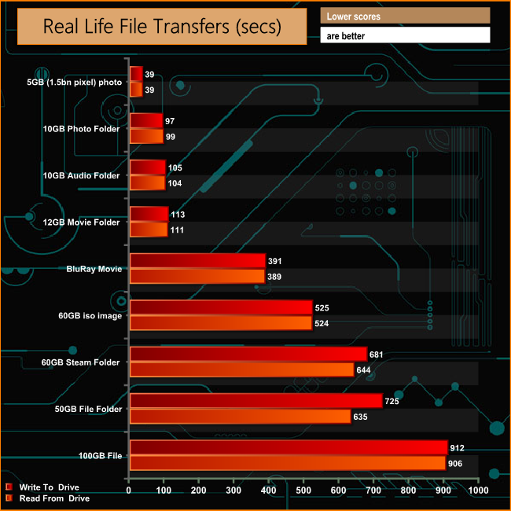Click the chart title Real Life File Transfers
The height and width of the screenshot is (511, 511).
coord(161,27)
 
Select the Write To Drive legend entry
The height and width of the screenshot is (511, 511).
coord(47,487)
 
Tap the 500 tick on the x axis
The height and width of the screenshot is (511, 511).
coord(303,491)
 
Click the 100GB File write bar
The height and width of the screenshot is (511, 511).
coord(288,448)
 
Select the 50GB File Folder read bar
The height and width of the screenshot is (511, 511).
coord(240,417)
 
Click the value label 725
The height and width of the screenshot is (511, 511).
coord(392,402)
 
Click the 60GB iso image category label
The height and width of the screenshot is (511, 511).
coord(89,316)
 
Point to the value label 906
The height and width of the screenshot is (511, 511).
coord(454,463)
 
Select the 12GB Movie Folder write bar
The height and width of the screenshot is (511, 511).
coord(149,214)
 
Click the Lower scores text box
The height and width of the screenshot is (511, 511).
coord(405,16)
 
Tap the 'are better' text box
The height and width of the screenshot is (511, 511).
coord(405,35)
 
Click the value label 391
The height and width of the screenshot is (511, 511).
coord(274,261)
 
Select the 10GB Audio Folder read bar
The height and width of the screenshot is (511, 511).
coord(147,182)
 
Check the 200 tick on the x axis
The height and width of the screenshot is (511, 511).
coord(199,491)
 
